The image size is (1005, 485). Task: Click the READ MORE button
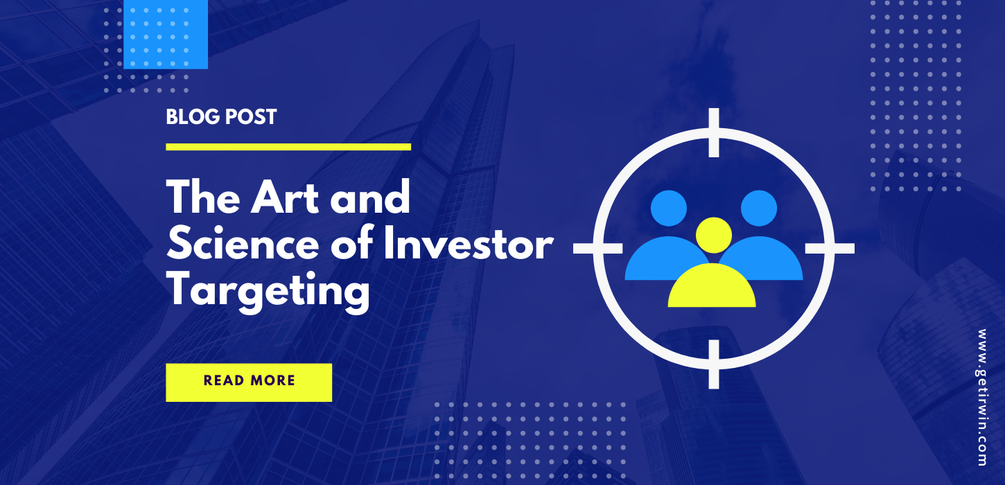pos(249,382)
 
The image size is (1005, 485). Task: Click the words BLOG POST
pos(221,116)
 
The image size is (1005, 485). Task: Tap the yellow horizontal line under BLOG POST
pos(288,147)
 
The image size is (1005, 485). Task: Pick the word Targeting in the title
pos(268,291)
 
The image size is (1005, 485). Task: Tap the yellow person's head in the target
pos(713,234)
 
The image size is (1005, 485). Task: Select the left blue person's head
pos(669,207)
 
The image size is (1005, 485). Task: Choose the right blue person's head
pos(759,207)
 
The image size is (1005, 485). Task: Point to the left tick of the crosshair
pos(598,248)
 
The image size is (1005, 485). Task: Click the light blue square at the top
pos(166,33)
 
